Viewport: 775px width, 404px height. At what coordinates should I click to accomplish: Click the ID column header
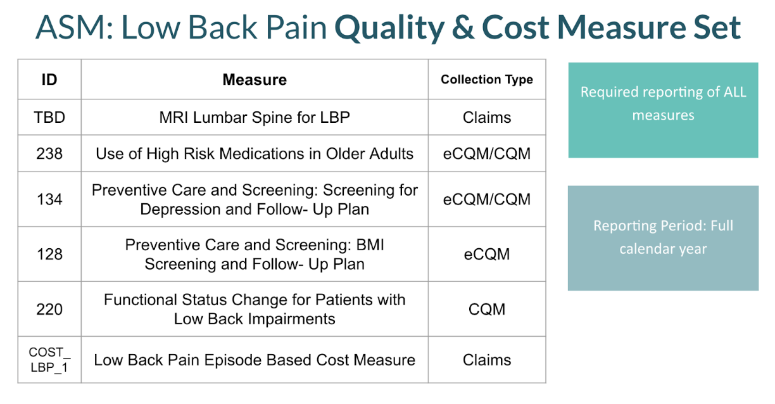[49, 80]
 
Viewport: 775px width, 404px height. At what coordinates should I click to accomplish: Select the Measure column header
[255, 80]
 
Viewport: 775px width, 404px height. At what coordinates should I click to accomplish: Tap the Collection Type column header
[487, 80]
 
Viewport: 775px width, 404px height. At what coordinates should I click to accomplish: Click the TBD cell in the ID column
[49, 117]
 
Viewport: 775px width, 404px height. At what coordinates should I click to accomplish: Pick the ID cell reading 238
[49, 153]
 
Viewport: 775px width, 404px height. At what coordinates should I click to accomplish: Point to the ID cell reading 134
[49, 199]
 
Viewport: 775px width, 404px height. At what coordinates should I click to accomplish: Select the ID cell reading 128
[49, 254]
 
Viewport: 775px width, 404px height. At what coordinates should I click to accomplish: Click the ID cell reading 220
[49, 309]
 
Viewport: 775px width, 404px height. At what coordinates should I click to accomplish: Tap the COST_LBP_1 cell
[49, 360]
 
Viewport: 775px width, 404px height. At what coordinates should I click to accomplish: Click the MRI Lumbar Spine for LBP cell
[255, 117]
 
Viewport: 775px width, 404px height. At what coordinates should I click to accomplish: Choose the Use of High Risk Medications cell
[255, 153]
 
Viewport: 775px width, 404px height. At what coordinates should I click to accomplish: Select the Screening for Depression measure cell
[255, 199]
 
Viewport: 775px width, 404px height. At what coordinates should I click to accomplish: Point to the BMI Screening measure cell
[255, 254]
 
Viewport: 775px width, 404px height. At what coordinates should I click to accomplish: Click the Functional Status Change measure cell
[255, 309]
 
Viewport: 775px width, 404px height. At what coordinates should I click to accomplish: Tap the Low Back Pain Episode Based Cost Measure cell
[255, 360]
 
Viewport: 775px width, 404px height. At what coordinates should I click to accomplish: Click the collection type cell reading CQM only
[487, 309]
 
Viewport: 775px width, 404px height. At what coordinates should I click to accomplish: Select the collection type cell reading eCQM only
[487, 254]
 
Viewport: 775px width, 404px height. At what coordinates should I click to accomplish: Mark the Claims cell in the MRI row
[487, 117]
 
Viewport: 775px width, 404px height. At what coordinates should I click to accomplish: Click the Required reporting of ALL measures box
[663, 110]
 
